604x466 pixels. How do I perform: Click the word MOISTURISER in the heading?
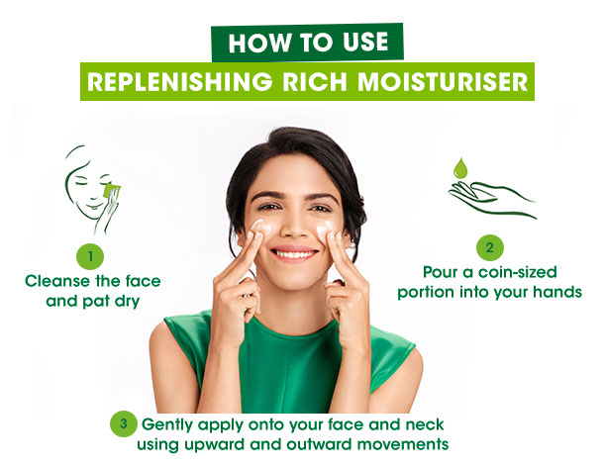point(443,81)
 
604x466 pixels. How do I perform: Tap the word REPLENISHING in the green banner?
point(179,81)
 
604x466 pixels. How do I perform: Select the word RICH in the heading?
point(315,81)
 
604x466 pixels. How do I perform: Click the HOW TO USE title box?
point(307,43)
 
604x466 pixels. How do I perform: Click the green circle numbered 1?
point(90,256)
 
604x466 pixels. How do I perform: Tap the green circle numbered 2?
point(490,247)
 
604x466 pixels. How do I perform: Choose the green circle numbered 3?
point(124,424)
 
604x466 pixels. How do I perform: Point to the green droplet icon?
point(459,168)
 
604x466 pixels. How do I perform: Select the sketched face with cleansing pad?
point(92,189)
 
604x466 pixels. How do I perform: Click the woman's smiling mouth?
point(294,253)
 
